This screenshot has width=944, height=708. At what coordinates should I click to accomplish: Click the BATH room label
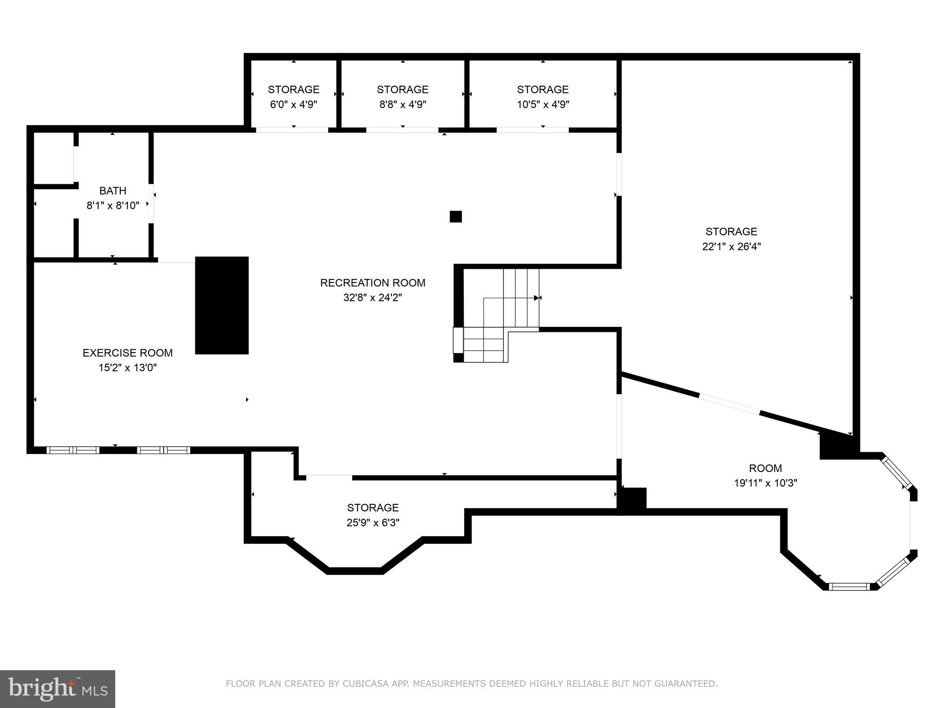[x=113, y=191]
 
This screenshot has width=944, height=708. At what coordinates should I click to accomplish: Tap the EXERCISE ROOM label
[x=128, y=353]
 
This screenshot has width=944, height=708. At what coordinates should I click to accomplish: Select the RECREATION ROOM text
[x=373, y=283]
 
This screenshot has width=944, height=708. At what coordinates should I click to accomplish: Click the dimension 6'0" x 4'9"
[x=294, y=104]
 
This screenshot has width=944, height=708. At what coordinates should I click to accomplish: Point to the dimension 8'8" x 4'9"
[x=403, y=104]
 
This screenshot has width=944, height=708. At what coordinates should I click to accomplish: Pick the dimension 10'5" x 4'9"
[x=543, y=104]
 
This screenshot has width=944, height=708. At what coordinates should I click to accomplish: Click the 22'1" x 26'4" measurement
[x=732, y=246]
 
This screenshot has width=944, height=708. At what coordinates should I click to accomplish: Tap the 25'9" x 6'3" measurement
[x=373, y=523]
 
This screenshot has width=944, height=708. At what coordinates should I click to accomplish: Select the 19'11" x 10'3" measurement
[x=766, y=483]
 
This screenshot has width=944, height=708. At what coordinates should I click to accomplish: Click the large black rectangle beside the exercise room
[x=222, y=306]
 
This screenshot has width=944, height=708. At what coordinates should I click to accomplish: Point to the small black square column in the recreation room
[x=456, y=217]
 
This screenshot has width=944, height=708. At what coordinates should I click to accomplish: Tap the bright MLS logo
[x=58, y=689]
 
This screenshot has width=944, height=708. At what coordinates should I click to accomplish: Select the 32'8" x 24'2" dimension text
[x=373, y=298]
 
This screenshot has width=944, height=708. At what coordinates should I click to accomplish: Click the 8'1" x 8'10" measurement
[x=113, y=206]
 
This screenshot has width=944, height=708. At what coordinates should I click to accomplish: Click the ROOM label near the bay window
[x=766, y=468]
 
